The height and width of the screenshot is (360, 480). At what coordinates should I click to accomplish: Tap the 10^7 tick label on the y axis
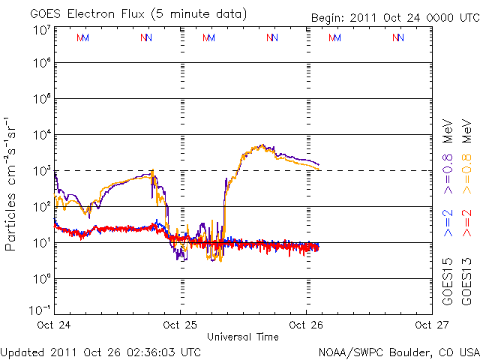click(41, 29)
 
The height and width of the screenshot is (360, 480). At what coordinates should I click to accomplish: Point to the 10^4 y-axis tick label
click(41, 135)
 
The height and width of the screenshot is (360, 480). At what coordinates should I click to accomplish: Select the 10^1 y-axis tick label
click(41, 243)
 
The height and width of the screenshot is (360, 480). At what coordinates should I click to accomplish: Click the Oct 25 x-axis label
click(180, 325)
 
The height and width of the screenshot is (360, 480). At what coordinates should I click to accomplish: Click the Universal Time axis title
click(242, 337)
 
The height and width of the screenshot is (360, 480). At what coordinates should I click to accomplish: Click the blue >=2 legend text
click(447, 223)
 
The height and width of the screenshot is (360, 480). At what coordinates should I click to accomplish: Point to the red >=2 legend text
click(466, 223)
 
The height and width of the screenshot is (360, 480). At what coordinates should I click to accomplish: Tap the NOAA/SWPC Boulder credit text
click(398, 352)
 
